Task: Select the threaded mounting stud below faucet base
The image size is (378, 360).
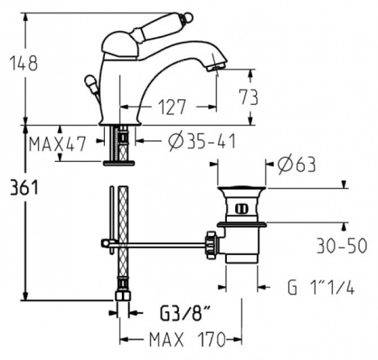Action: [x=123, y=143]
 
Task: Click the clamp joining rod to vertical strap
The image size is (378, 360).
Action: [x=107, y=245]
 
